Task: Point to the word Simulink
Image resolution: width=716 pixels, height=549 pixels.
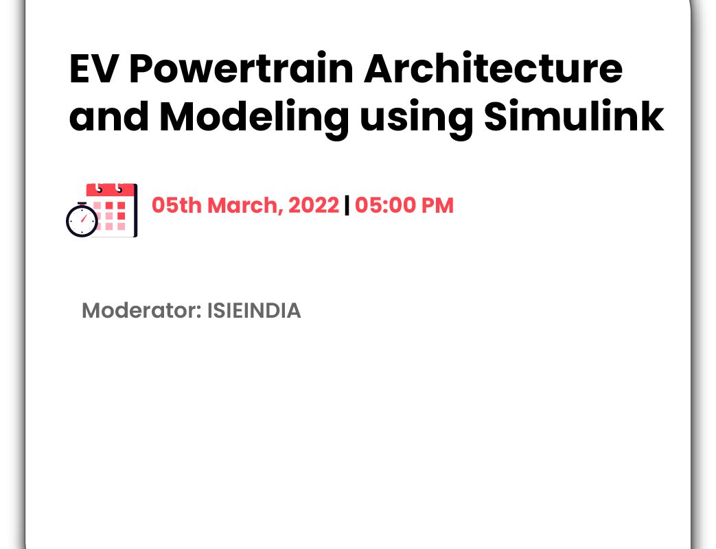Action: coord(573,116)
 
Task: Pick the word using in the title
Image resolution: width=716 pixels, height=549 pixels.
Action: coord(415,119)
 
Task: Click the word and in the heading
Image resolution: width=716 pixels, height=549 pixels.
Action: coord(108,117)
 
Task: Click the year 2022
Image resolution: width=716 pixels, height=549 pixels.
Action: coord(314,205)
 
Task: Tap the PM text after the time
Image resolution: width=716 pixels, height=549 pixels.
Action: coord(437,205)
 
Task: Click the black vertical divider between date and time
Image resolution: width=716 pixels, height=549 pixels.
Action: coord(347,205)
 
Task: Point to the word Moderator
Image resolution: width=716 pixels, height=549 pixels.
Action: coord(141,311)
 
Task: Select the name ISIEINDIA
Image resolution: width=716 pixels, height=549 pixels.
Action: coord(255,311)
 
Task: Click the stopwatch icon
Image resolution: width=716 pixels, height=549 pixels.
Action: coord(82,220)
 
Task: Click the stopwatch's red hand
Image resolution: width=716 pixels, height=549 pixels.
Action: coord(84,218)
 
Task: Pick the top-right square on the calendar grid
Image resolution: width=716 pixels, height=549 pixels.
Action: coord(122,206)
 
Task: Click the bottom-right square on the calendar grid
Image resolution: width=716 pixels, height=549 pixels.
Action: coord(122,226)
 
